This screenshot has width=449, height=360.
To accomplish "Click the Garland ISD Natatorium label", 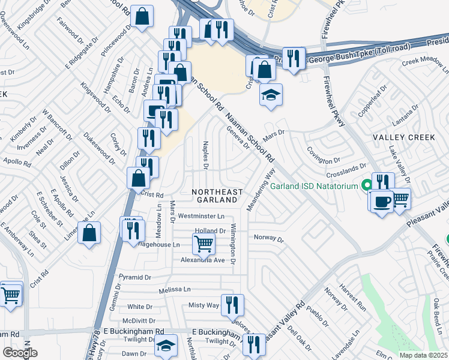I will pos(314,187).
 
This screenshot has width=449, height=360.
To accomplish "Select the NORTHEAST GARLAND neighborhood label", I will pos(217,196).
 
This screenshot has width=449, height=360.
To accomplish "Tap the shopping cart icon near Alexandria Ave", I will pos(203,243).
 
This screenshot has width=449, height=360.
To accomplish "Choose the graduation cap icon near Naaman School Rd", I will pos(271,94).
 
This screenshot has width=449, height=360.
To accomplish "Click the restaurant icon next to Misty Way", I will pos(232,304).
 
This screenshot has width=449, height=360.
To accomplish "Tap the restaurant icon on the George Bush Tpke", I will pos(293,58).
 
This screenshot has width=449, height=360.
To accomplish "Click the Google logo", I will pos(20,353).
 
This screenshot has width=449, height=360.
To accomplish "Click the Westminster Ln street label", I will pos(201,216).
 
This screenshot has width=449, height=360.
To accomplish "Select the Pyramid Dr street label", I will pos(135,277).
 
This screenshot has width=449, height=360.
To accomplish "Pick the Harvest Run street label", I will pos(352,288).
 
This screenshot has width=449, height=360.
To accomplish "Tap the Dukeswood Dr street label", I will pos(99,148).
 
